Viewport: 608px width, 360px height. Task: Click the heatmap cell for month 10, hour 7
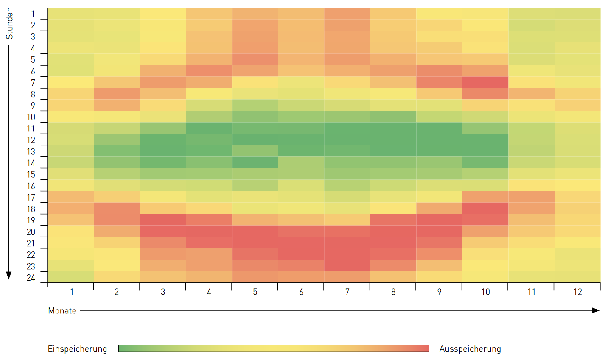point(485,82)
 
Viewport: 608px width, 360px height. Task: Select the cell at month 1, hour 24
point(70,277)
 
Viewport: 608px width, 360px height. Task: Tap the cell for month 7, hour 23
point(347,265)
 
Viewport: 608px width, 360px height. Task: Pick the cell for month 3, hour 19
point(163,220)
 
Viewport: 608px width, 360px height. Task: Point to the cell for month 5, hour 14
point(255,162)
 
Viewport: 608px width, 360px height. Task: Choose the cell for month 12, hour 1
point(577,14)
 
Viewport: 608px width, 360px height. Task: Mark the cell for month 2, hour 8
point(117,94)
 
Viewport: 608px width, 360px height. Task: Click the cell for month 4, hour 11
point(209,128)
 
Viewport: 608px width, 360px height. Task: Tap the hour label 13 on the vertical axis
point(31,152)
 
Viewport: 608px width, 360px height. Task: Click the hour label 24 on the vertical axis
point(31,278)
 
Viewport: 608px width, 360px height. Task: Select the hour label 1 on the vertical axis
point(33,14)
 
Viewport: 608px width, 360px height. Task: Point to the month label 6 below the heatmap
point(301,292)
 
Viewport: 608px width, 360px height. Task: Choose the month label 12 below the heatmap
point(577,292)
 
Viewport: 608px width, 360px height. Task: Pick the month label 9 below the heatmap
point(439,292)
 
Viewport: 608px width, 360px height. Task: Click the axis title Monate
point(62,310)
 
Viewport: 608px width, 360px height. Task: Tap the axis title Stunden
point(9,24)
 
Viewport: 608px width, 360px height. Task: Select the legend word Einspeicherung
point(77,349)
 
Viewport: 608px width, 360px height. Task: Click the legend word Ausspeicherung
point(470,349)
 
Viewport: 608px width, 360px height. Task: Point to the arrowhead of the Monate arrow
point(596,310)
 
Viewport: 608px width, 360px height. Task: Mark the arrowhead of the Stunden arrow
point(9,276)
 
